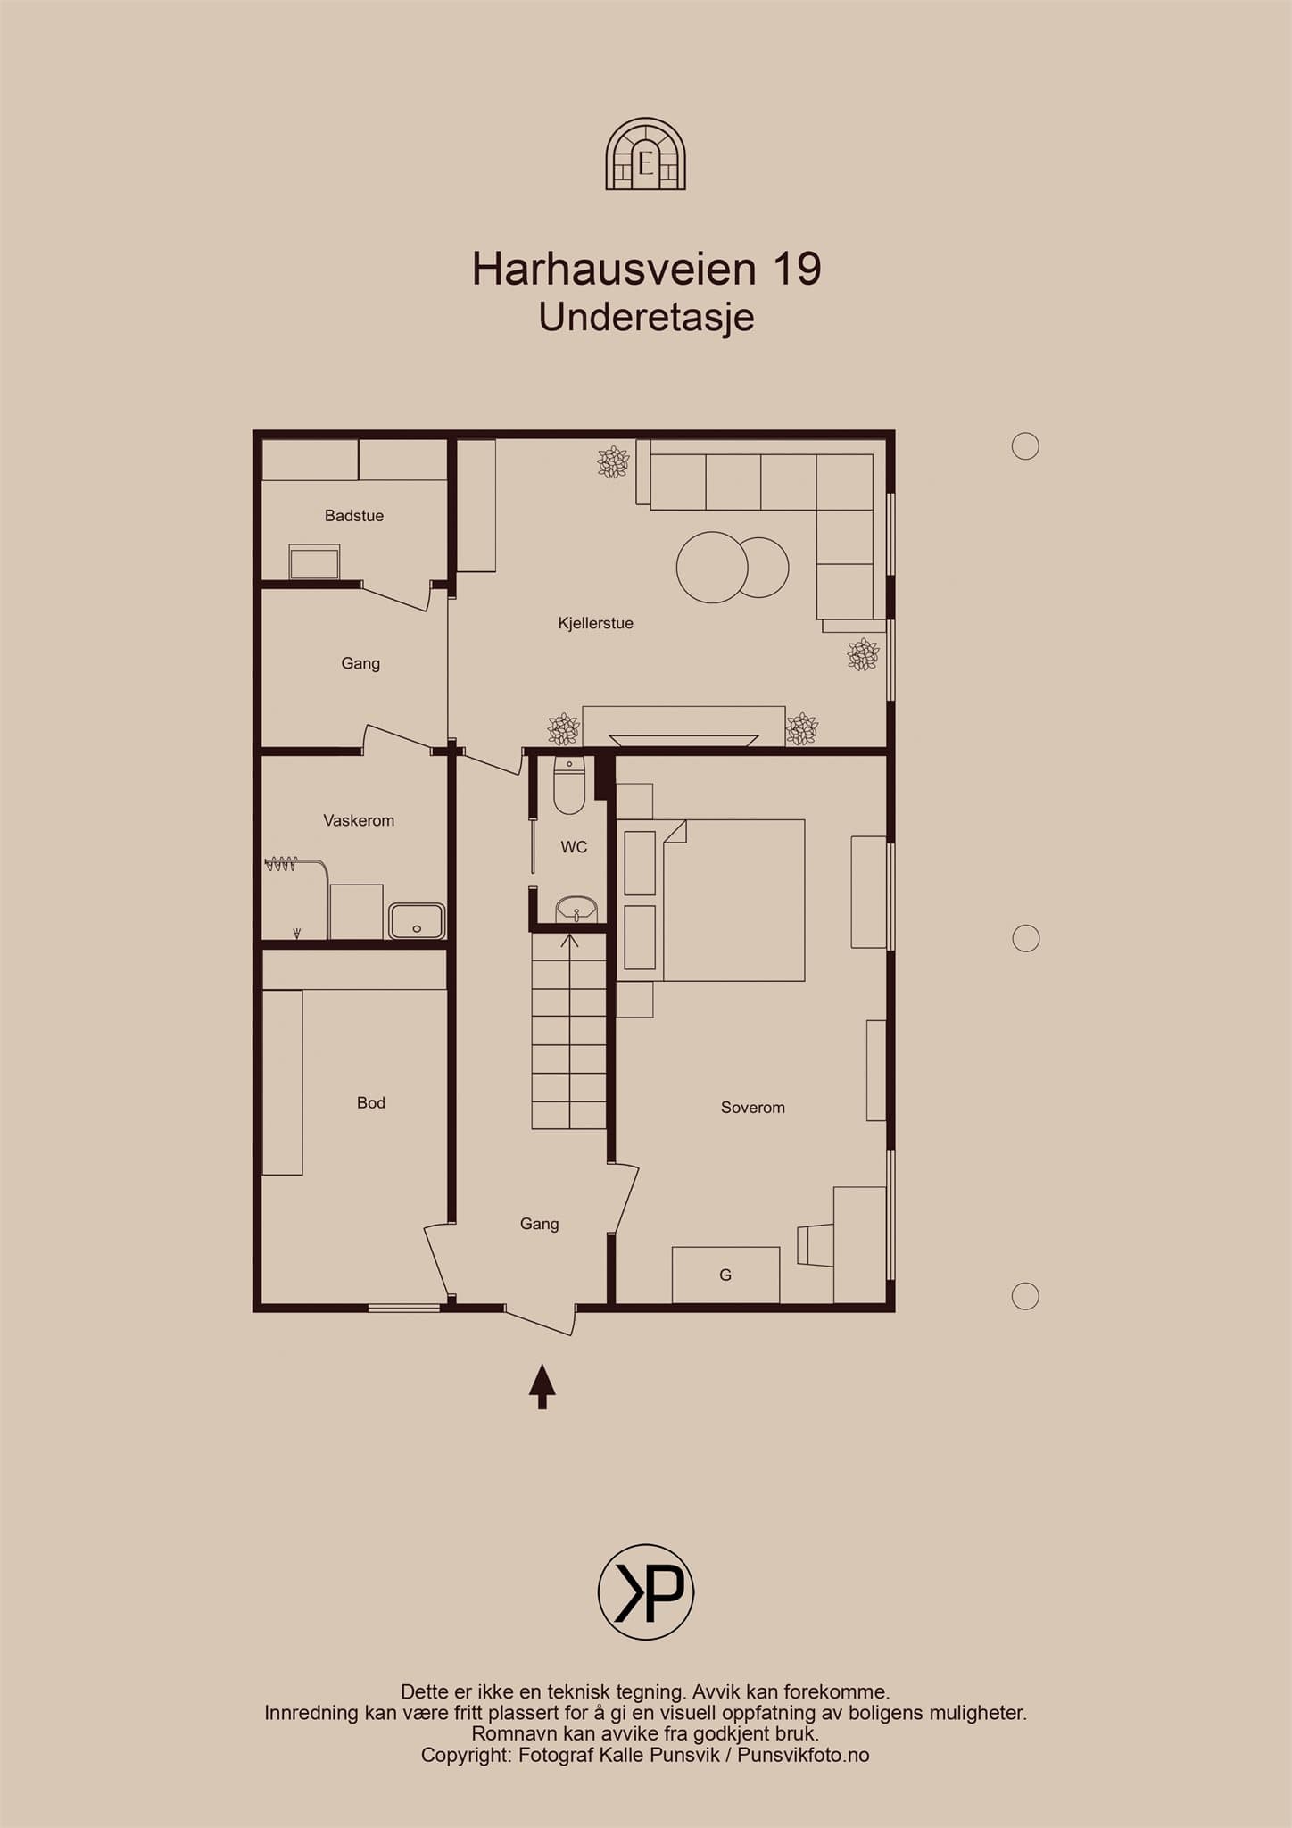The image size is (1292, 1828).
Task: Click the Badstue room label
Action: [354, 515]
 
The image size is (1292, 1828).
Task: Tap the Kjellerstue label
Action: [595, 623]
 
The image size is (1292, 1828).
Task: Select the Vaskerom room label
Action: [359, 820]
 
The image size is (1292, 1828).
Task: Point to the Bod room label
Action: [371, 1102]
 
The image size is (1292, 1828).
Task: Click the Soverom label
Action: [753, 1108]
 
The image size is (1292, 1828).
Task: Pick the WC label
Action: [574, 847]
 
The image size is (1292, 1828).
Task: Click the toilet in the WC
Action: [569, 785]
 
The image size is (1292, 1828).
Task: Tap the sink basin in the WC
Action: [576, 910]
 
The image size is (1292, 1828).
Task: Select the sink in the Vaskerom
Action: [417, 921]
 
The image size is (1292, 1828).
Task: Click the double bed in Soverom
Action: [733, 900]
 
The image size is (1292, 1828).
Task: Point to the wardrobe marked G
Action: [725, 1275]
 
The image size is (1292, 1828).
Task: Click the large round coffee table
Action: [712, 567]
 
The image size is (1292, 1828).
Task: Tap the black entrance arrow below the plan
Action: [542, 1386]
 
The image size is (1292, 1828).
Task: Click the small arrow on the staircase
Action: [570, 941]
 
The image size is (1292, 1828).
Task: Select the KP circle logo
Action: [646, 1591]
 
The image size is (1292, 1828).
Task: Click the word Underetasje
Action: [647, 317]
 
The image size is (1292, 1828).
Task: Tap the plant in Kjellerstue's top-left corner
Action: [613, 461]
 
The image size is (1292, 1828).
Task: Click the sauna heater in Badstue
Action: [314, 562]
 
